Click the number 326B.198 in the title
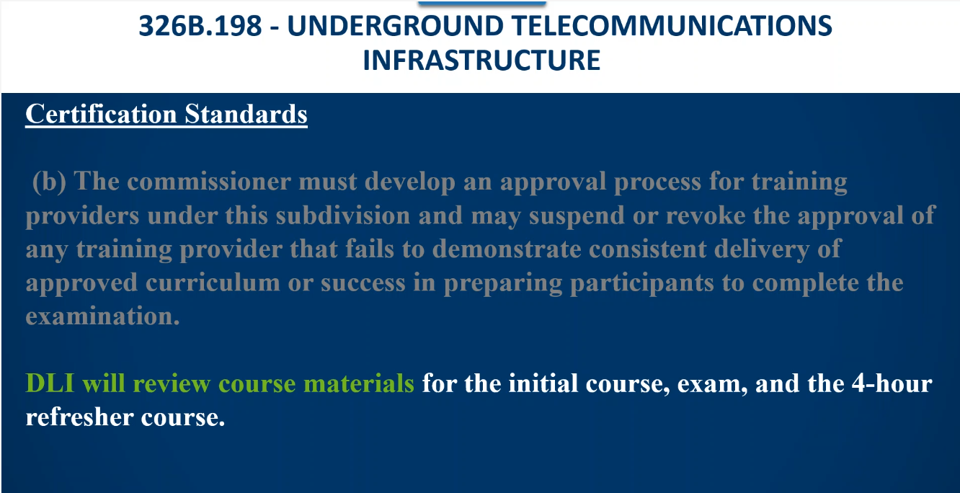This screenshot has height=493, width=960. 200,26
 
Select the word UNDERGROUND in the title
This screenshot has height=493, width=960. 395,26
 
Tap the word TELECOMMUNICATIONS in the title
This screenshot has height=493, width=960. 672,26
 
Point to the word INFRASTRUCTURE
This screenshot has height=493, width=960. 481,60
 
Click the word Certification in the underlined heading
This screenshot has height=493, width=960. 101,114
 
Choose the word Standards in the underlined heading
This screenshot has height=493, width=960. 246,114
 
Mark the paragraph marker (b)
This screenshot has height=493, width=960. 49,182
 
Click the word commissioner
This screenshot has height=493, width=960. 209,182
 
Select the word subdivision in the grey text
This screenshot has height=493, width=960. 343,216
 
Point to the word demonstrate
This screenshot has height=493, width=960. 507,249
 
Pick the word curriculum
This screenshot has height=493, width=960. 213,283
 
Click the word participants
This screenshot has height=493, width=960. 642,284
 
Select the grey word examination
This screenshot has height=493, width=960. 103,316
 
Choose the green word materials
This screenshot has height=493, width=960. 359,383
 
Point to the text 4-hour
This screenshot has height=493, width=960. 892,383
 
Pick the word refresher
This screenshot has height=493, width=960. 79,417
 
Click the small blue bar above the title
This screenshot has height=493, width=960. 482,3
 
